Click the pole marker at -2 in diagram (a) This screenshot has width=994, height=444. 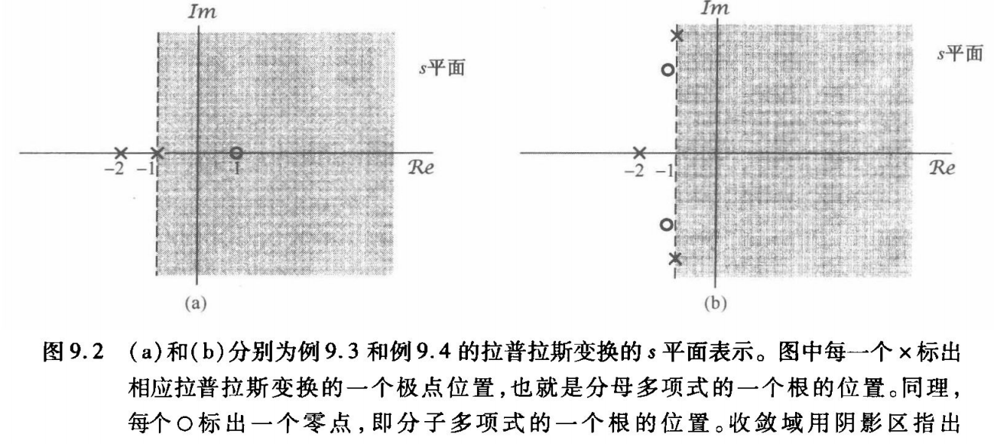tap(120, 153)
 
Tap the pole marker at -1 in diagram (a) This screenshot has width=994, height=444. tap(157, 153)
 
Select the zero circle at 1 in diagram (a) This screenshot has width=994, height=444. tap(236, 153)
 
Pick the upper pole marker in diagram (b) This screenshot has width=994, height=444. tap(676, 35)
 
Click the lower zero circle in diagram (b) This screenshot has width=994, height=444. tap(666, 224)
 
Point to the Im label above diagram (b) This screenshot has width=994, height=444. tap(715, 8)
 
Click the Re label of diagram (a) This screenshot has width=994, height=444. tap(420, 169)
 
